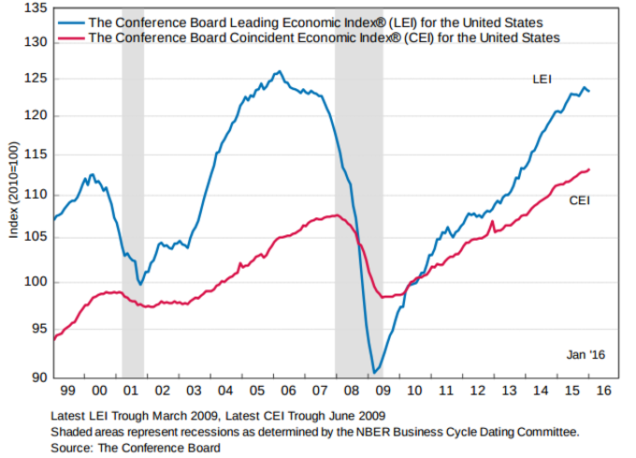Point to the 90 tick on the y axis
click(37, 377)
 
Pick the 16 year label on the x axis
click(603, 389)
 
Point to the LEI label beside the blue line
click(542, 81)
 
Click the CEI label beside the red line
click(579, 199)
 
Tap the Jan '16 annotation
click(586, 355)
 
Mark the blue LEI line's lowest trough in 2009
click(374, 372)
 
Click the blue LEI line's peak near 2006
click(278, 71)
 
